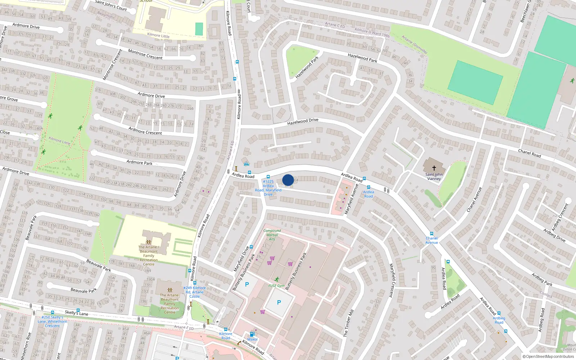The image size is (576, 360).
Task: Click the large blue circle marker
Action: (288, 180)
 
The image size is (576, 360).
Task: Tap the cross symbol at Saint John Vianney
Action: (434, 168)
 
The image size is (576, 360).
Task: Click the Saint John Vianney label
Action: (434, 176)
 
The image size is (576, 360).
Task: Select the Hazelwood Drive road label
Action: (303, 122)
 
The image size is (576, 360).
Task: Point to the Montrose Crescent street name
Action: (145, 55)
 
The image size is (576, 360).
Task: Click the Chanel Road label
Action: (529, 153)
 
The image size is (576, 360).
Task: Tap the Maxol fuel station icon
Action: (252, 334)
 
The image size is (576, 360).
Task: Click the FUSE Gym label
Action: (276, 286)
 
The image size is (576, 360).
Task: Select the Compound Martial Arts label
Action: (272, 235)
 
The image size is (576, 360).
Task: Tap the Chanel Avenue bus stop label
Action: (432, 240)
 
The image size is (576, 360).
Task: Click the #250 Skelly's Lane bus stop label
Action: (52, 321)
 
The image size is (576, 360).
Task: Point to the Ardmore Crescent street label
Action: (145, 130)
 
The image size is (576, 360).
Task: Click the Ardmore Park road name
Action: (139, 163)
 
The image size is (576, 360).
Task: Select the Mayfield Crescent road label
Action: (392, 280)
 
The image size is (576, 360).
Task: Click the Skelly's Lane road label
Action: (76, 312)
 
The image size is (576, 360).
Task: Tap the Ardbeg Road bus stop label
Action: (499, 320)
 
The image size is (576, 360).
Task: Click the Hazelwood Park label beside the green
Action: (307, 67)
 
